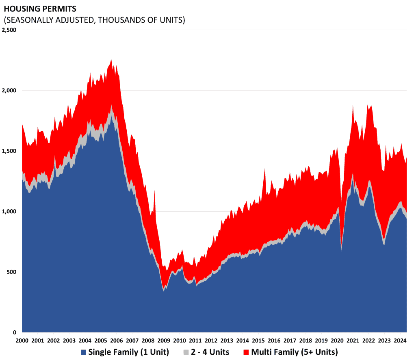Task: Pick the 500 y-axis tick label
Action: tap(11, 271)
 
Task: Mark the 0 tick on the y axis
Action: tap(15, 332)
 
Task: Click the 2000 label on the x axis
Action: tap(22, 340)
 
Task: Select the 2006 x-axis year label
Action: tap(116, 340)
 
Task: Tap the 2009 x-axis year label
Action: tap(163, 340)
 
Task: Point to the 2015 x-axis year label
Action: tap(258, 340)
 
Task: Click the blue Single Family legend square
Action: tap(84, 352)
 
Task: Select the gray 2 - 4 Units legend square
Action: tap(186, 352)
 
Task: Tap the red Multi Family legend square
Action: tap(247, 352)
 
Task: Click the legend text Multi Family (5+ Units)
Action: tap(295, 352)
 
